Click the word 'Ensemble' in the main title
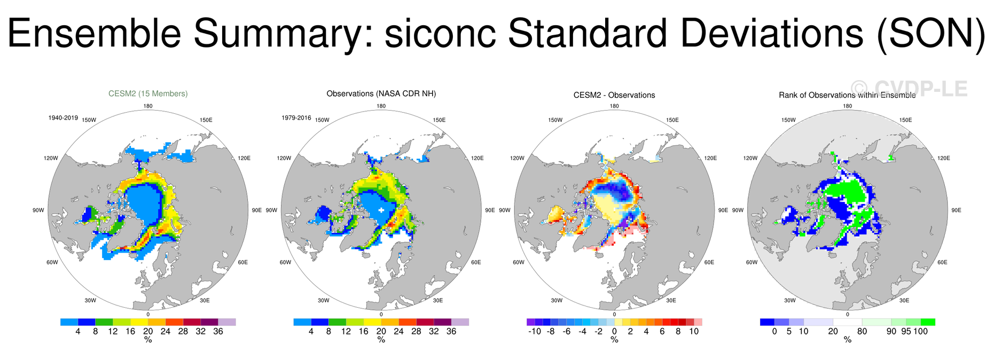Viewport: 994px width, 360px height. [94, 33]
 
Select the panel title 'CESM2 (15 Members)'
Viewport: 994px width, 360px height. [148, 93]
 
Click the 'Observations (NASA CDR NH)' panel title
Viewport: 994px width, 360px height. [381, 93]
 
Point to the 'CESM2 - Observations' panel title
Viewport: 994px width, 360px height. [614, 95]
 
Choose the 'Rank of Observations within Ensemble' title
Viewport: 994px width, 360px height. [847, 95]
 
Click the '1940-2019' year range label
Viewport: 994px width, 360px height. [63, 118]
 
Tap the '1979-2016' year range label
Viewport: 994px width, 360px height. [296, 118]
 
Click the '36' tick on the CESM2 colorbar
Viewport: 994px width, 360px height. [218, 331]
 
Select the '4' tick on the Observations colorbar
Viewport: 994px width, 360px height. [311, 331]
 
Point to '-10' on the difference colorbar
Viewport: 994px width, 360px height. [535, 331]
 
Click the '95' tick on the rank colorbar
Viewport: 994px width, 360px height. [906, 331]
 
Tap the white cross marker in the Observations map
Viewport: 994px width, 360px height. [381, 210]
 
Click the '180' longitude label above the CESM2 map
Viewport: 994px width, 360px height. [148, 106]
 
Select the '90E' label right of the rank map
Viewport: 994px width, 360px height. [956, 210]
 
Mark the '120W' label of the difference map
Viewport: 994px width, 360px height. [517, 158]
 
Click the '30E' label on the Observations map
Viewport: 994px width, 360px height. [438, 301]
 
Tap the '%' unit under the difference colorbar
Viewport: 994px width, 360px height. [614, 340]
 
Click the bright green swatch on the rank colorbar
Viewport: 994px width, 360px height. [928, 322]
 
